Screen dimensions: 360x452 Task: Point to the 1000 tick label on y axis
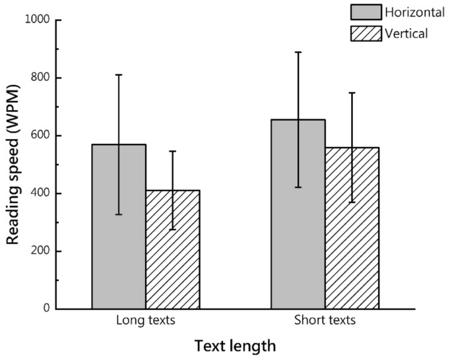[38, 20]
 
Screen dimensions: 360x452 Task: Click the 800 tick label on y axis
[42, 78]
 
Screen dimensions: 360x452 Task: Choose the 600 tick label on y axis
[42, 136]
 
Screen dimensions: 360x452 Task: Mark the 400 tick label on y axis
[42, 194]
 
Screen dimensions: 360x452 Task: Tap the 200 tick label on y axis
[42, 251]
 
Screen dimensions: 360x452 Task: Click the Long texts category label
[145, 321]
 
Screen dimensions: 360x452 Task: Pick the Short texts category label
[325, 321]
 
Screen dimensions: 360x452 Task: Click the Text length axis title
[234, 345]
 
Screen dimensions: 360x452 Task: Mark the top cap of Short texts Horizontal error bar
[298, 52]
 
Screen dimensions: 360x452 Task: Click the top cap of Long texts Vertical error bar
[173, 152]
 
